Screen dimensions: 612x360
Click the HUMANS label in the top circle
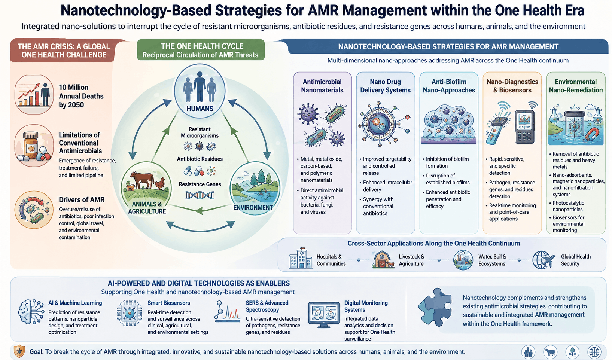pos(200,109)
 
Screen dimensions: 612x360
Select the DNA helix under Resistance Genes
pos(200,195)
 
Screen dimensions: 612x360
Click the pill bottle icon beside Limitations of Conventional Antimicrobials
pos(31,144)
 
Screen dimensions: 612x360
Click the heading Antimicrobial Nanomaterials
pos(322,86)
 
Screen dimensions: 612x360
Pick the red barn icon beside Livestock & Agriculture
pos(383,259)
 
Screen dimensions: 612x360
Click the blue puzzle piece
pos(435,307)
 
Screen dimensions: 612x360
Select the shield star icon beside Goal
pos(19,351)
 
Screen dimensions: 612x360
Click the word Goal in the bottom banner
pos(36,351)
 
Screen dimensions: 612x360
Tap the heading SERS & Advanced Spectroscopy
pos(267,306)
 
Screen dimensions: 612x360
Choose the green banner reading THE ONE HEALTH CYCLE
pos(201,50)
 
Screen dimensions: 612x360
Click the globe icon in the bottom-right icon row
pos(594,352)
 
